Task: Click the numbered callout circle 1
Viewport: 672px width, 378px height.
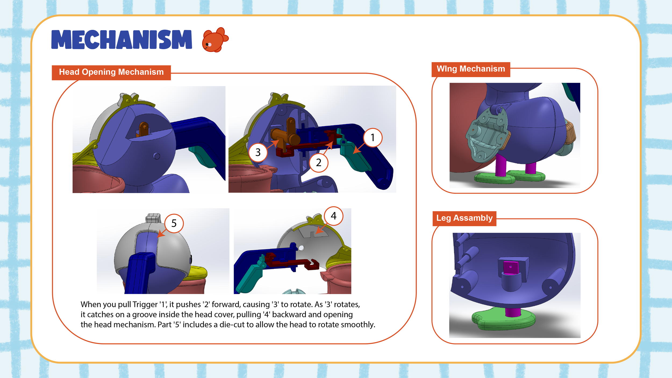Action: point(373,138)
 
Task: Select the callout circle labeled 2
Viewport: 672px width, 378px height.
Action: point(319,162)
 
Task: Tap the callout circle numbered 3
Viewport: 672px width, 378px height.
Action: point(258,152)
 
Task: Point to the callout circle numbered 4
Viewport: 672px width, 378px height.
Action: point(334,216)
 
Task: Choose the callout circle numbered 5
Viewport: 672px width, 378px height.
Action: point(174,223)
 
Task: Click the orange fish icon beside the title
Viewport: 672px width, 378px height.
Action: point(215,40)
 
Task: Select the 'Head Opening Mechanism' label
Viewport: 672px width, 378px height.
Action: point(111,72)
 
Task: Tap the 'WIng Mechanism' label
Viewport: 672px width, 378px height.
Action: point(471,69)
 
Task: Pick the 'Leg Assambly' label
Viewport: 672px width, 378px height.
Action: point(464,218)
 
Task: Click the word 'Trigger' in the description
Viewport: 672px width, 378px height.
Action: point(145,304)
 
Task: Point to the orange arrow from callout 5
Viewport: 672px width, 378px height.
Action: point(162,233)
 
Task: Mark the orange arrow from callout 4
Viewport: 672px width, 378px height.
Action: point(321,228)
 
